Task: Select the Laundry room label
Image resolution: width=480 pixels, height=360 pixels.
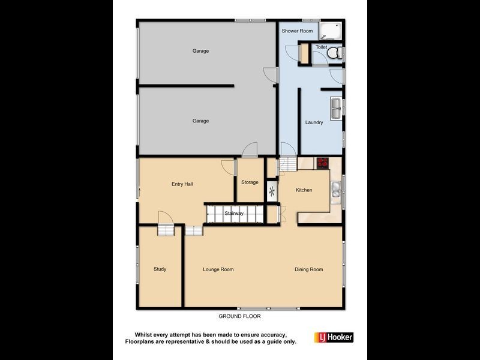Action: (314, 122)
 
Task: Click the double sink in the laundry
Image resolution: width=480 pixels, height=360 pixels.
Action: (335, 109)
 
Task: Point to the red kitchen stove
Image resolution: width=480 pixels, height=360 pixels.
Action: (323, 162)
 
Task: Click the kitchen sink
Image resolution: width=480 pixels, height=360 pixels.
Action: (335, 192)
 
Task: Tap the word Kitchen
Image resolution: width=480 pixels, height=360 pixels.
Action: (304, 190)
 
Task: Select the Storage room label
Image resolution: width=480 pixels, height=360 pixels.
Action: (250, 182)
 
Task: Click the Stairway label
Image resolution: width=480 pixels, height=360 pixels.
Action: (233, 213)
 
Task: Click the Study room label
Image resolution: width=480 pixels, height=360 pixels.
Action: (160, 269)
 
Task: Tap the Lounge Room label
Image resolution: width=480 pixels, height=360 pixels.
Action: (218, 269)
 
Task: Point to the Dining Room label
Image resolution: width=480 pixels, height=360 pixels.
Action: (309, 269)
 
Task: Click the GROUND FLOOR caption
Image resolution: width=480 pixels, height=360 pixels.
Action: (239, 316)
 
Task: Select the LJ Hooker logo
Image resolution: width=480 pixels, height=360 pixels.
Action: (334, 337)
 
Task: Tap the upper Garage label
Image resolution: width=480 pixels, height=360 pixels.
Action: (200, 51)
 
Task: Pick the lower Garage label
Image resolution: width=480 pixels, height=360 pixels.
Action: (200, 121)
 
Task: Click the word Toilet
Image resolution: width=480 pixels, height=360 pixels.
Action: (321, 46)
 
